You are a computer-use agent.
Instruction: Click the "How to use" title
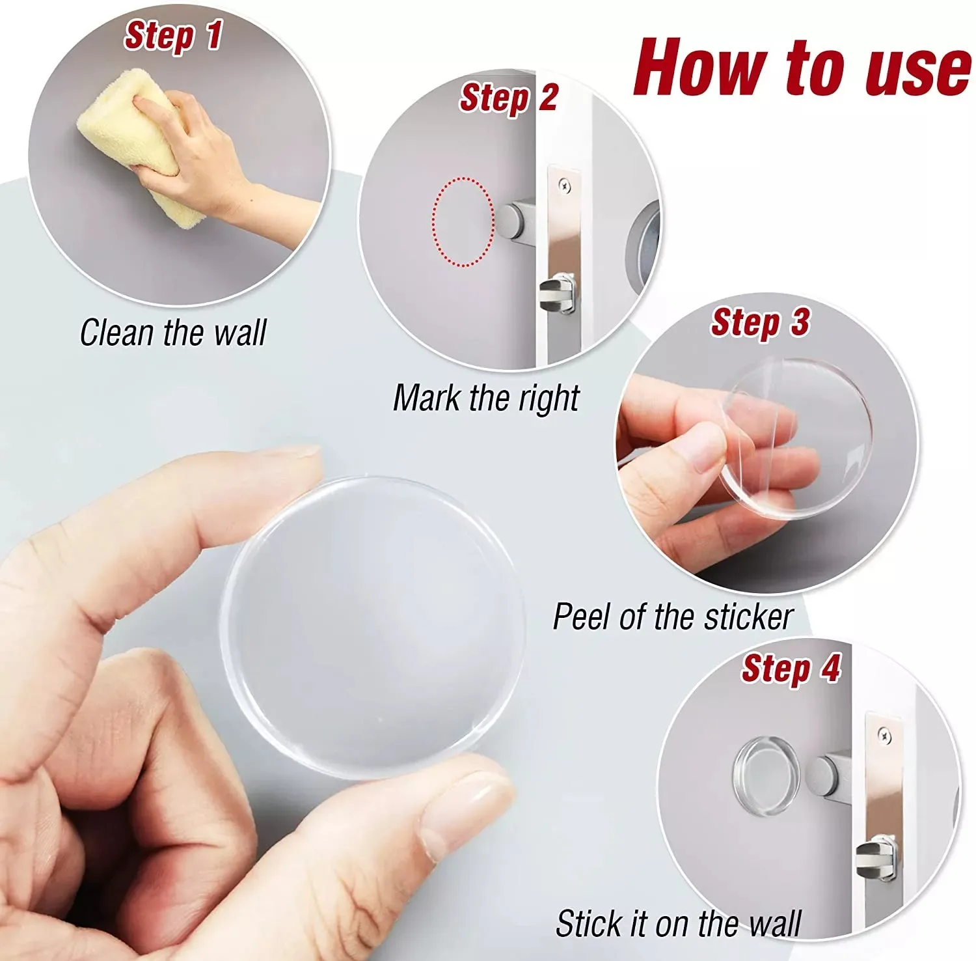pos(802,66)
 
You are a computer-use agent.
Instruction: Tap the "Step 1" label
pos(173,35)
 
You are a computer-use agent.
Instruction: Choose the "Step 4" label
pos(791,669)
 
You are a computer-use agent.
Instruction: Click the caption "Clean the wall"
pos(173,332)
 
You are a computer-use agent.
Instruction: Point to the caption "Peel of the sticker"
pos(673,616)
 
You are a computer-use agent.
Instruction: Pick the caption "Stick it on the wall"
pos(678,923)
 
